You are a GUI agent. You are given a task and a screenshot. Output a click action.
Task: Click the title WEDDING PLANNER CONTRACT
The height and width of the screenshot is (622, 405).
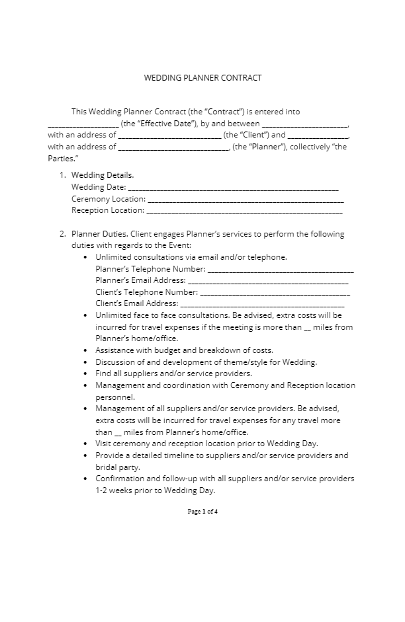(202, 78)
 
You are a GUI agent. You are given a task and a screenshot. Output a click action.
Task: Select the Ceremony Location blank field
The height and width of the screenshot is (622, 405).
(245, 199)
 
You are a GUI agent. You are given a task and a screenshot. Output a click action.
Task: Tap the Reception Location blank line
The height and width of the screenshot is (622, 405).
(244, 211)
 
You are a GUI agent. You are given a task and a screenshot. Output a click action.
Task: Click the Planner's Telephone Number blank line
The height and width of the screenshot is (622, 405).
(281, 270)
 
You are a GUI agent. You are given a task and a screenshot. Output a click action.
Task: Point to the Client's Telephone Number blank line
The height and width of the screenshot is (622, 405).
(274, 292)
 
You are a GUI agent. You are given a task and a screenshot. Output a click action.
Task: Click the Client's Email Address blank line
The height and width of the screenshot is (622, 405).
(262, 304)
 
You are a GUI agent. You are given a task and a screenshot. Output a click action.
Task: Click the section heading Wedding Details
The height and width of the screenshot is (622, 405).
(103, 175)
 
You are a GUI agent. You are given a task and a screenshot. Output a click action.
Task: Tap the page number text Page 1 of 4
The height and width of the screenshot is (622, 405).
(202, 512)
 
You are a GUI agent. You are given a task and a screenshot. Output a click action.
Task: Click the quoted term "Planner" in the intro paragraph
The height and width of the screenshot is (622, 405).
(267, 147)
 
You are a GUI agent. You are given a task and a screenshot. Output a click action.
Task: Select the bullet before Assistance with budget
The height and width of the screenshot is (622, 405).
(86, 350)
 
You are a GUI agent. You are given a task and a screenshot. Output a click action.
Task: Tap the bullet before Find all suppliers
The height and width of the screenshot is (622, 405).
(86, 373)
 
